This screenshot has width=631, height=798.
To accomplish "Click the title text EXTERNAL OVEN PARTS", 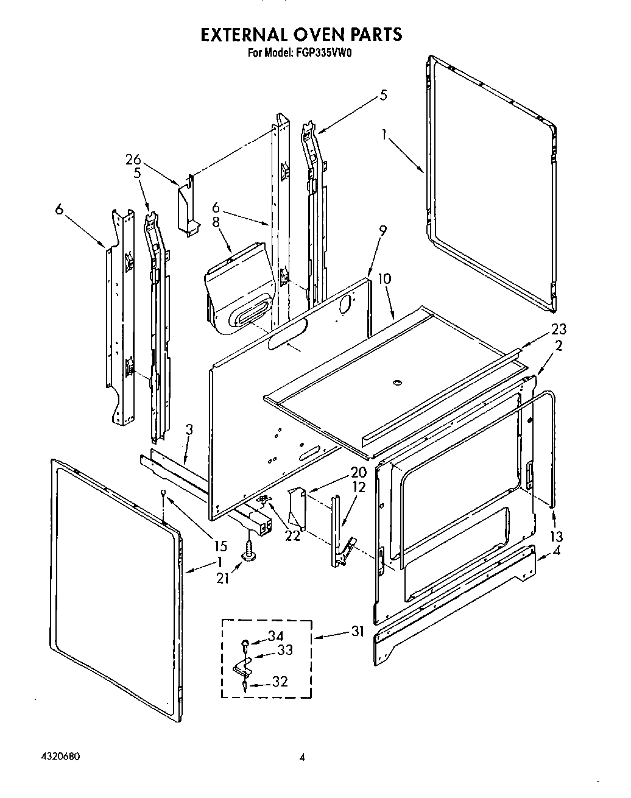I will click(x=301, y=34).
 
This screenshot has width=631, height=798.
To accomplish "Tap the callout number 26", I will click(x=133, y=160).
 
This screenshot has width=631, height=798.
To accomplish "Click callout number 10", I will click(x=384, y=278).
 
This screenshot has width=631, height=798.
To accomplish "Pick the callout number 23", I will click(x=558, y=329).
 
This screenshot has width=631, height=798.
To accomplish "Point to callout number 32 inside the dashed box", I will click(x=279, y=682).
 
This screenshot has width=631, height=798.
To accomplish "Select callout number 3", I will click(x=189, y=429).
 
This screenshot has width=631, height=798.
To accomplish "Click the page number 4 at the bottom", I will click(x=301, y=758).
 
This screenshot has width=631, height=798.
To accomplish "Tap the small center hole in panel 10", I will click(x=397, y=383).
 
